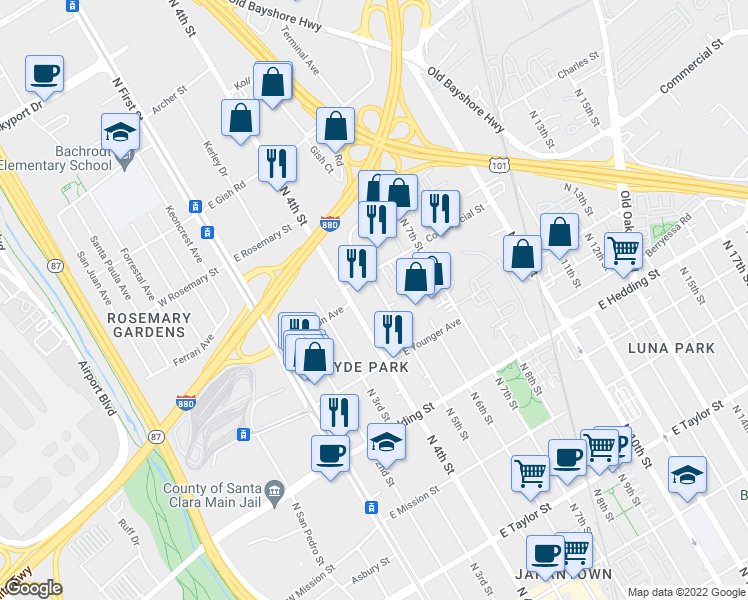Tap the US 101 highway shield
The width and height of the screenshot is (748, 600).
point(500,164)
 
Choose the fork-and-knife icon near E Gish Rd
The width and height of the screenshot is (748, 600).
point(277,162)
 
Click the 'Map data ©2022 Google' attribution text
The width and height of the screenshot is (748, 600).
point(686,592)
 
